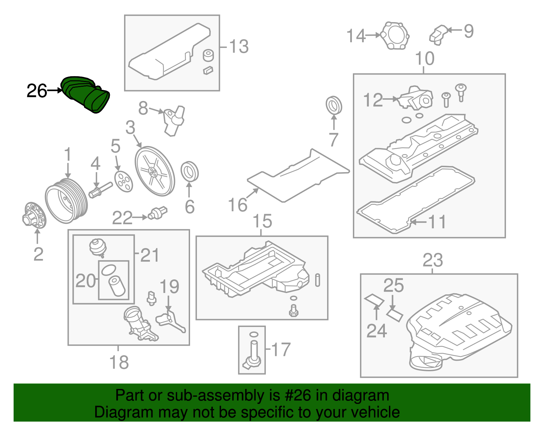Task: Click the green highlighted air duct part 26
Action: (86, 94)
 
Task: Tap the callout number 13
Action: (239, 47)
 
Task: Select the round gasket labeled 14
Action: (394, 36)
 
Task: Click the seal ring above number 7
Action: (334, 105)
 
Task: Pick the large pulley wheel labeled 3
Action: (155, 171)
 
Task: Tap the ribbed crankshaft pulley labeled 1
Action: (67, 201)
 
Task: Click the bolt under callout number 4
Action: (100, 190)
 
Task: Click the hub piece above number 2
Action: (35, 215)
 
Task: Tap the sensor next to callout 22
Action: (158, 213)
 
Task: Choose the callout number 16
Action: (237, 205)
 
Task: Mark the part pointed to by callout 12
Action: (416, 99)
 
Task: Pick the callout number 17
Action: (281, 350)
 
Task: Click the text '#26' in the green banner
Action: (296, 395)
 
